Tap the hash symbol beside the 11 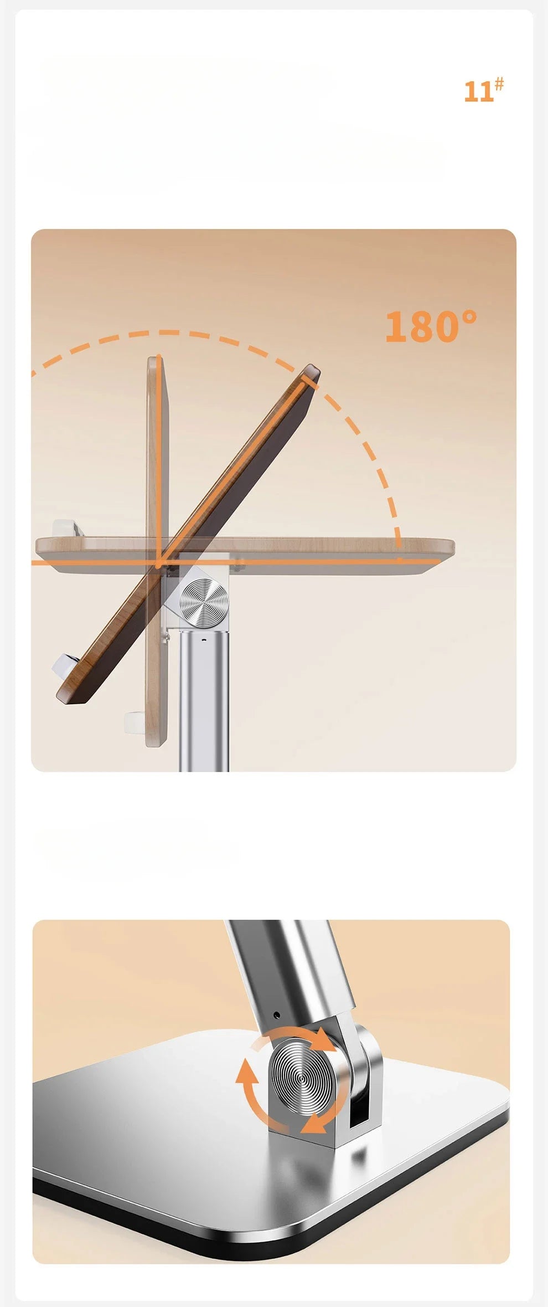[x=499, y=84]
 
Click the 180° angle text [x=430, y=326]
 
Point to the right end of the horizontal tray [x=453, y=548]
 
